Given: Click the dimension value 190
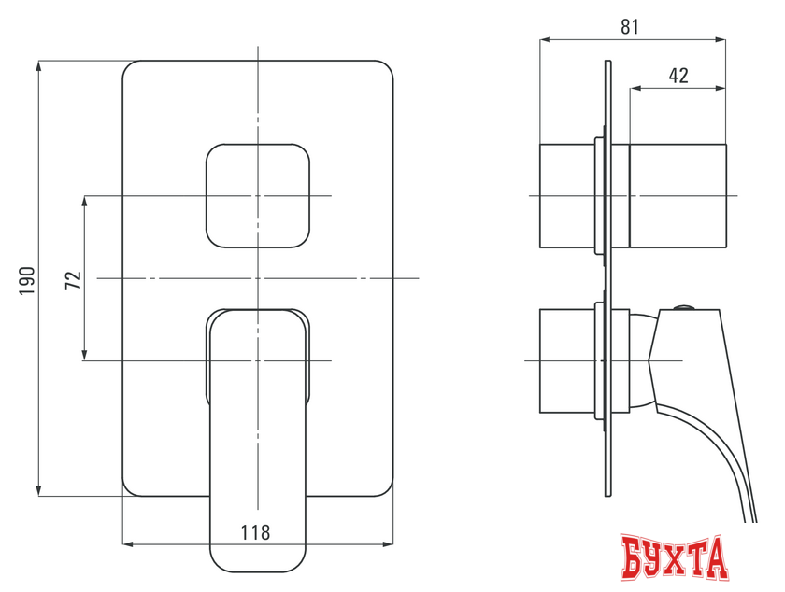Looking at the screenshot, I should tap(27, 279).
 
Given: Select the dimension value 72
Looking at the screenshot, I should tap(72, 279).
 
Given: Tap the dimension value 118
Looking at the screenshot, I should tap(255, 532).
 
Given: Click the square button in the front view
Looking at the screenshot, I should tap(257, 196).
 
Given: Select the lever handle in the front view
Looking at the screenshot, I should tap(257, 439).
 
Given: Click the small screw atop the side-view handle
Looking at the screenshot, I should tap(685, 306).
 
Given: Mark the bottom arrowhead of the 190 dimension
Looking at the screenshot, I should tap(38, 489).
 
